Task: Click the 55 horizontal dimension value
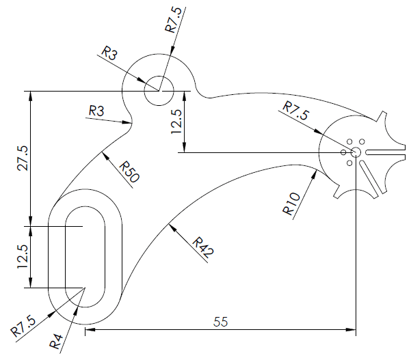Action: click(220, 320)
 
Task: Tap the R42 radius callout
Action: click(203, 247)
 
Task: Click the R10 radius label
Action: click(291, 204)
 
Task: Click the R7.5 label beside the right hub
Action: click(295, 110)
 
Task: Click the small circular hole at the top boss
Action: click(158, 90)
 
